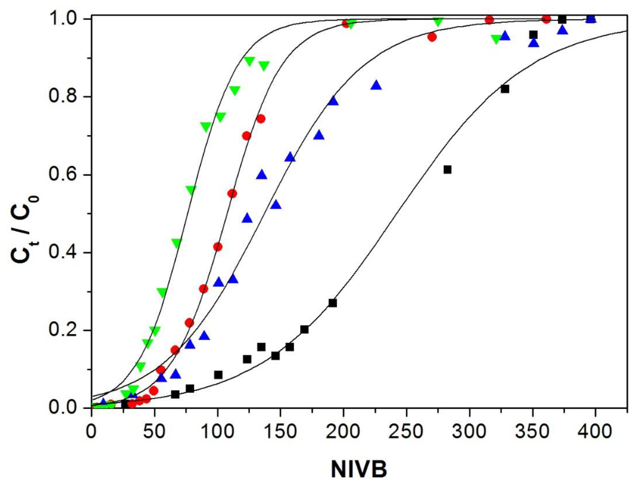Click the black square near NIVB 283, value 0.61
click(x=447, y=170)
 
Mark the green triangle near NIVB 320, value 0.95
click(x=496, y=39)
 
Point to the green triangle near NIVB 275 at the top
click(x=438, y=21)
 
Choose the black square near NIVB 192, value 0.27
click(x=333, y=303)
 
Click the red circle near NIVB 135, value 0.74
click(x=261, y=119)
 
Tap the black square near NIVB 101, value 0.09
click(x=218, y=375)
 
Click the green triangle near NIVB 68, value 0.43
click(x=176, y=243)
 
